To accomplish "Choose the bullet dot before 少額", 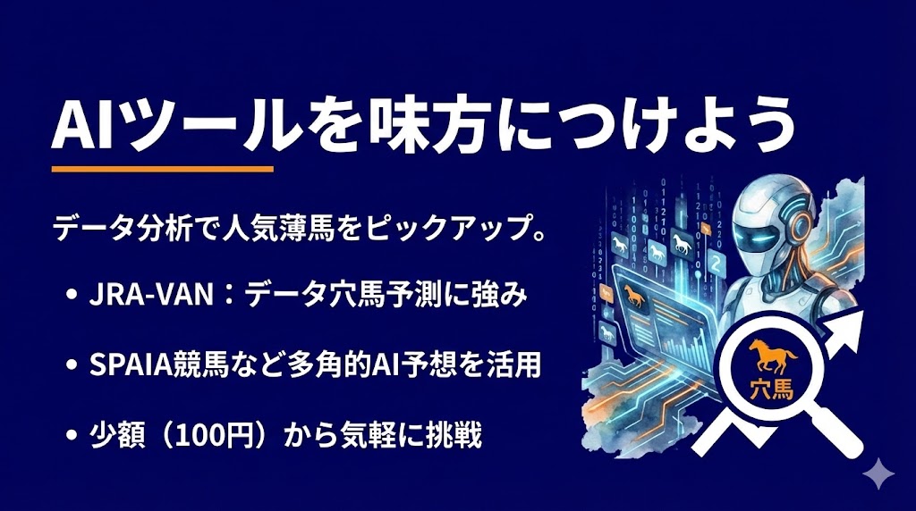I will (x=71, y=438).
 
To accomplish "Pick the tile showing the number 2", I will (x=716, y=264).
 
